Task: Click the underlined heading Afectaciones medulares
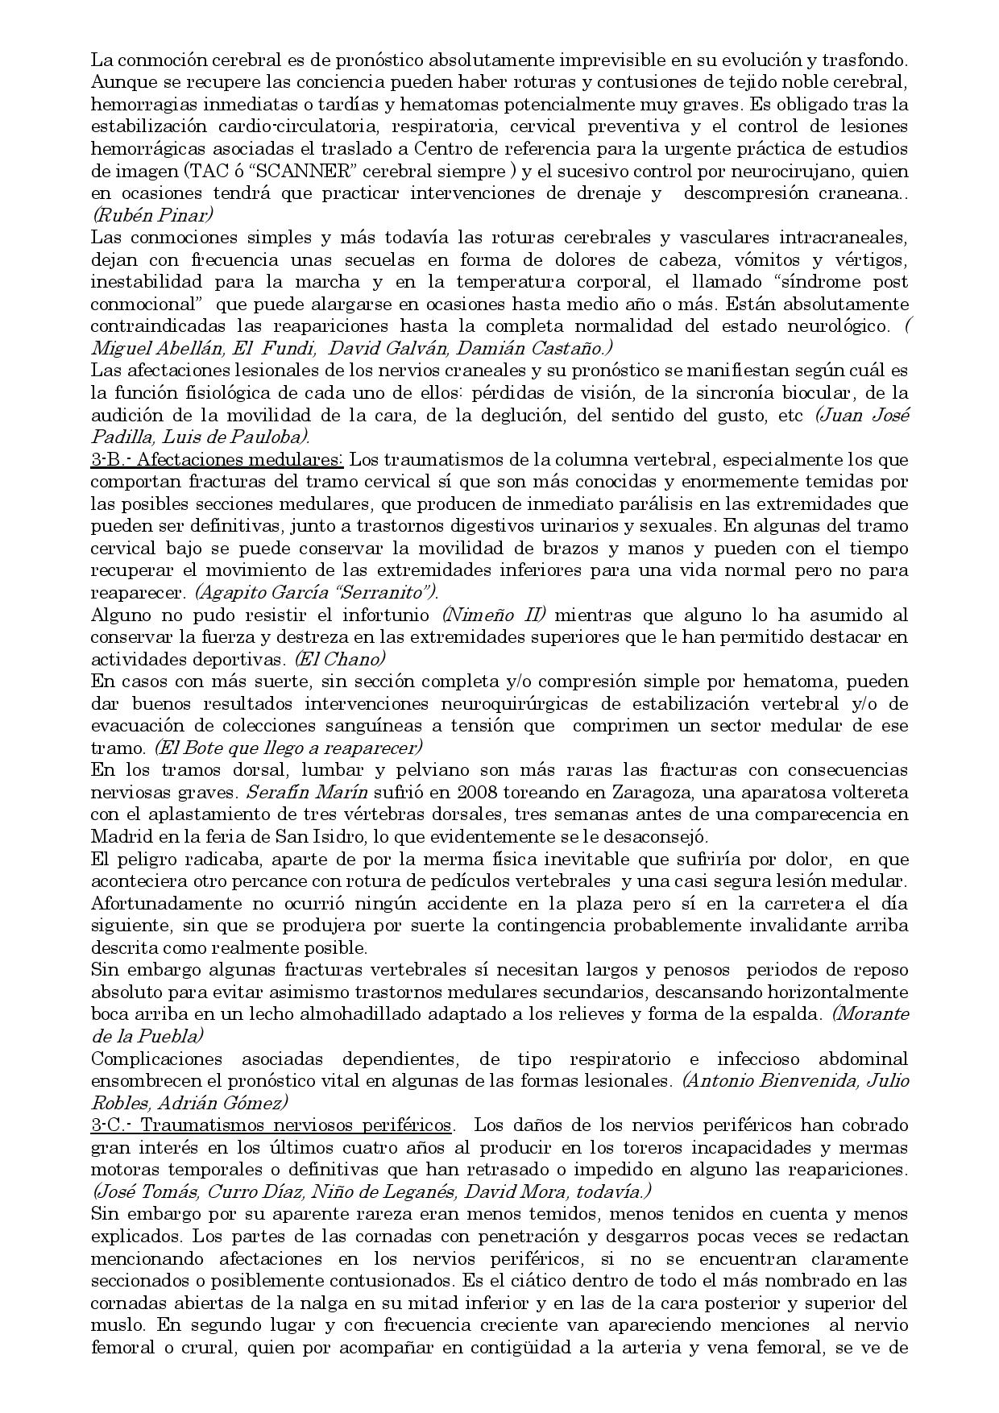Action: pos(244,459)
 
